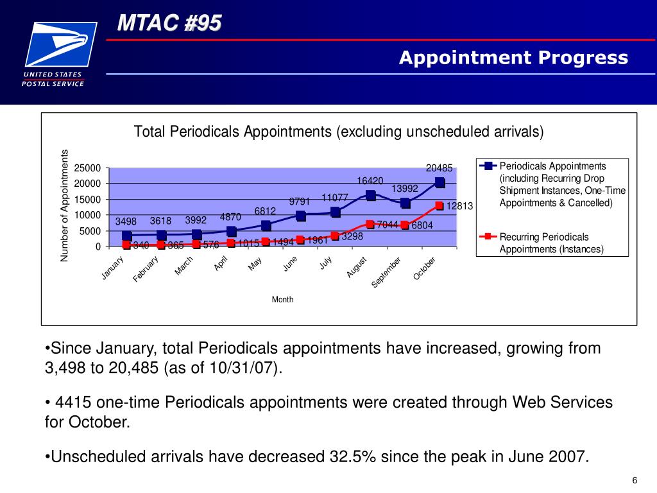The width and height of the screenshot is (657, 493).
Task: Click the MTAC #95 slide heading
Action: (x=169, y=24)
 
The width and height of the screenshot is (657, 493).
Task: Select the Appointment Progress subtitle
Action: (x=513, y=58)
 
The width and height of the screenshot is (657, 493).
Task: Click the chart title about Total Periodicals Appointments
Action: (x=338, y=132)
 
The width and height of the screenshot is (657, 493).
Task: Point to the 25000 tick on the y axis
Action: (x=87, y=168)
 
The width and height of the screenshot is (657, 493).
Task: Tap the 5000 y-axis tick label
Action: (x=89, y=231)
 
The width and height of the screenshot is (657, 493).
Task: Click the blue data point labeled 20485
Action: (x=439, y=182)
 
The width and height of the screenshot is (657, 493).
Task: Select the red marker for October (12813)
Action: (x=439, y=205)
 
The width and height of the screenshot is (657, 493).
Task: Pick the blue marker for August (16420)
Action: (x=370, y=195)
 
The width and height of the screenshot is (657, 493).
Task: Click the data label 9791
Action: (x=300, y=201)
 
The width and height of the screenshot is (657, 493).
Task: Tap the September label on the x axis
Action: (x=387, y=273)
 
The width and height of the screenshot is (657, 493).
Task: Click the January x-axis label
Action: (x=112, y=268)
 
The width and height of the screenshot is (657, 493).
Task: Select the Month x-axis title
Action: (x=282, y=299)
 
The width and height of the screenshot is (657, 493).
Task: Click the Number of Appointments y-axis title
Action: (x=64, y=205)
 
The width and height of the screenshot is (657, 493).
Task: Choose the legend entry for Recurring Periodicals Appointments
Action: (x=551, y=243)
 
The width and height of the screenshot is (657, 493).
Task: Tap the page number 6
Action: (x=635, y=481)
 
